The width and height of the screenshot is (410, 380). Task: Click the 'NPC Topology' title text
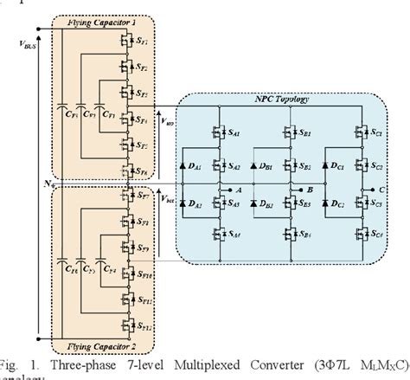[274, 101]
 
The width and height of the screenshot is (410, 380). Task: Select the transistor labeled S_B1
[291, 134]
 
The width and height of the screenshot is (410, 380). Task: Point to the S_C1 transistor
[364, 134]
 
